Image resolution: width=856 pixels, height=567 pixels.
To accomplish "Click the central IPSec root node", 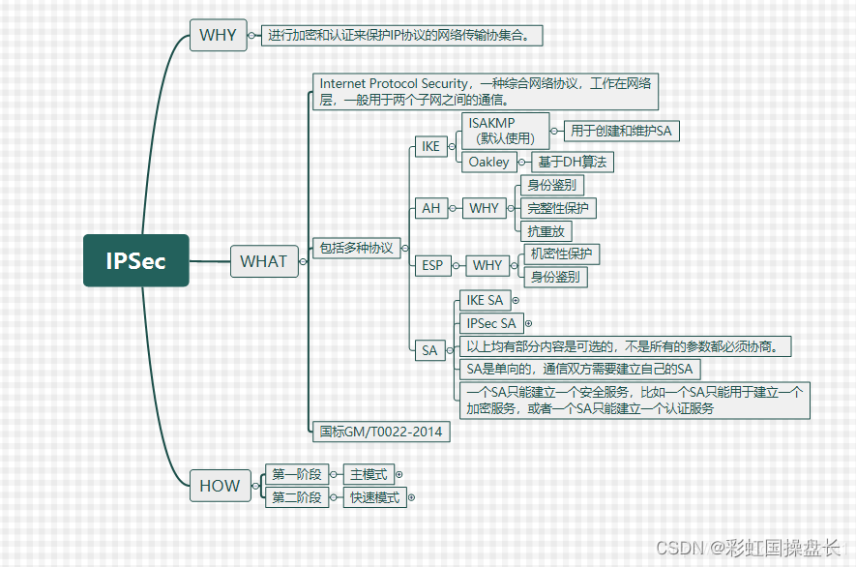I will click(135, 260).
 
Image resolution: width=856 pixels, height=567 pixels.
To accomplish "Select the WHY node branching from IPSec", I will click(218, 35).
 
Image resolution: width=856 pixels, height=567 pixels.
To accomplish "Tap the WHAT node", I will click(263, 261).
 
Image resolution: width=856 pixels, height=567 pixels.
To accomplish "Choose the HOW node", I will click(219, 486).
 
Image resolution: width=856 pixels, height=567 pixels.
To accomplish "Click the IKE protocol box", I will click(430, 147).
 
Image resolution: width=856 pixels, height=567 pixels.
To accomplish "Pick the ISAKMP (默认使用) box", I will click(503, 131).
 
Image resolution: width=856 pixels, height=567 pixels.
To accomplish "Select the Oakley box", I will click(488, 163).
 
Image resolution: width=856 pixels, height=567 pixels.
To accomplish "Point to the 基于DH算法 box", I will click(572, 163).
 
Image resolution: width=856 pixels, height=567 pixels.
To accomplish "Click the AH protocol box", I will click(430, 208).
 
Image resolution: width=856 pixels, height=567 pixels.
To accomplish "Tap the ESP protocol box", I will click(432, 266).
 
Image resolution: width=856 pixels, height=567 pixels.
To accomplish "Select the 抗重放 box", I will click(546, 231).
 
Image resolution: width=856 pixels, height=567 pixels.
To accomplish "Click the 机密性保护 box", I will click(561, 254).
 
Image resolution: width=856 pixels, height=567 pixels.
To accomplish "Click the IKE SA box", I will click(485, 301).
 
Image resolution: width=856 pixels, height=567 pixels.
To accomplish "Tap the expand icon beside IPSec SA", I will click(528, 323).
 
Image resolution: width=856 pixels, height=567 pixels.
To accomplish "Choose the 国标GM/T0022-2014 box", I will click(381, 432).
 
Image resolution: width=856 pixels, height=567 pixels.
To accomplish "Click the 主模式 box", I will click(369, 474).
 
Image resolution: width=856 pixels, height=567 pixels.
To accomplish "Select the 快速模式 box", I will click(374, 498).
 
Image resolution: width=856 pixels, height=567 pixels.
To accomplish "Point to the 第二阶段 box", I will click(296, 498).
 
